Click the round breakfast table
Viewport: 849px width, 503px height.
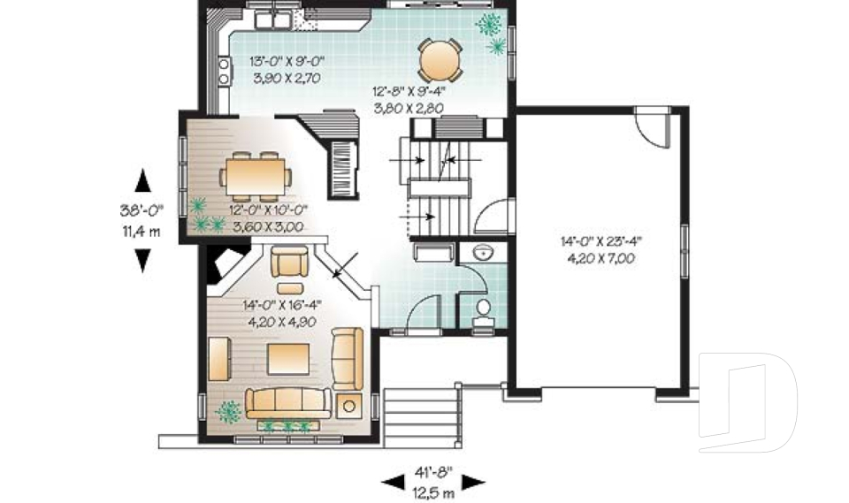tap(440, 60)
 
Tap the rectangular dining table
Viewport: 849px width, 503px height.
tap(256, 177)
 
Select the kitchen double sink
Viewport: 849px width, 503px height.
tap(273, 19)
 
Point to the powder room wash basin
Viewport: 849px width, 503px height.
tap(483, 252)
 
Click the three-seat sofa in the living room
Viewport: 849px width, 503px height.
tap(287, 403)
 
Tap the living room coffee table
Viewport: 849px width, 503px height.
tap(288, 359)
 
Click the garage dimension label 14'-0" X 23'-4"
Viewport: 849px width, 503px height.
tap(601, 241)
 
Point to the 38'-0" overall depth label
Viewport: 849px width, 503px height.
tap(141, 210)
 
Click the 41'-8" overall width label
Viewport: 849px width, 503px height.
tap(433, 473)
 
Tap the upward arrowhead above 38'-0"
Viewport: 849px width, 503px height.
tap(143, 180)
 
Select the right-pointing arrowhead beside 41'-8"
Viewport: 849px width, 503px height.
tap(473, 482)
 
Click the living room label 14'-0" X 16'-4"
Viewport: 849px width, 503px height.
tap(282, 305)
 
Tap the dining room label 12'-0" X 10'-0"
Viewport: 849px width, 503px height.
tap(268, 210)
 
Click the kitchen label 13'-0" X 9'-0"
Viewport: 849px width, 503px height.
tap(287, 61)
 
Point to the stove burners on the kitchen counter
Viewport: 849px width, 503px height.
tap(224, 72)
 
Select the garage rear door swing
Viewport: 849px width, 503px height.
tap(653, 127)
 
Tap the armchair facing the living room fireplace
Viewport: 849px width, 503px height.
tap(289, 262)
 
